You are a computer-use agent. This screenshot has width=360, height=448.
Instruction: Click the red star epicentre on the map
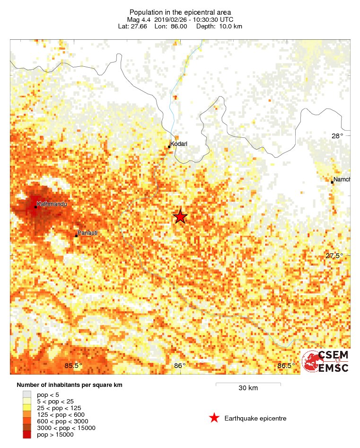coord(180,217)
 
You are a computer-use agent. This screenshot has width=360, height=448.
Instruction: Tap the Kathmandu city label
coord(52,204)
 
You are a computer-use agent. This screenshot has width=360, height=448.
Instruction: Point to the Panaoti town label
coord(87,233)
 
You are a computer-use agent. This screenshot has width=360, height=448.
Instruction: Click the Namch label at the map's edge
coord(342,179)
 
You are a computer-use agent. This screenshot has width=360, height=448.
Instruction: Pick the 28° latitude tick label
coord(337,136)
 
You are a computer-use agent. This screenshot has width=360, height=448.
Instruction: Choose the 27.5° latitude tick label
coord(334,256)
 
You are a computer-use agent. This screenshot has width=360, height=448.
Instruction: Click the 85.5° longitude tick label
coord(73,366)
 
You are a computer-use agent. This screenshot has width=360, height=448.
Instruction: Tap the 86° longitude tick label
coord(180,366)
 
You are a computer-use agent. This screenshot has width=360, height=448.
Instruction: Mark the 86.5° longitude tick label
coord(286,366)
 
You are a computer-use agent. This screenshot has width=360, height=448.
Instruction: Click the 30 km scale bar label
coord(248,388)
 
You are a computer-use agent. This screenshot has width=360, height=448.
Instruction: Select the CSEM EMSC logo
coord(325,362)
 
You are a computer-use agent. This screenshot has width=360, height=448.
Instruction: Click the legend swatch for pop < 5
coord(27,394)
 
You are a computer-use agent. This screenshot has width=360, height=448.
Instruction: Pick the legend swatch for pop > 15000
coord(27,434)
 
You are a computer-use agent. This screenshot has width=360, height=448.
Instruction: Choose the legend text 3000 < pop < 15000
coord(66,428)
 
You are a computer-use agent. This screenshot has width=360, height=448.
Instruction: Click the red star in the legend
coord(214,418)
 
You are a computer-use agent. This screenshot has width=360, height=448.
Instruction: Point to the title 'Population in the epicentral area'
coord(180,12)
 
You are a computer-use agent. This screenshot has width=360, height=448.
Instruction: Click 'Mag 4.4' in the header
coord(139,19)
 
